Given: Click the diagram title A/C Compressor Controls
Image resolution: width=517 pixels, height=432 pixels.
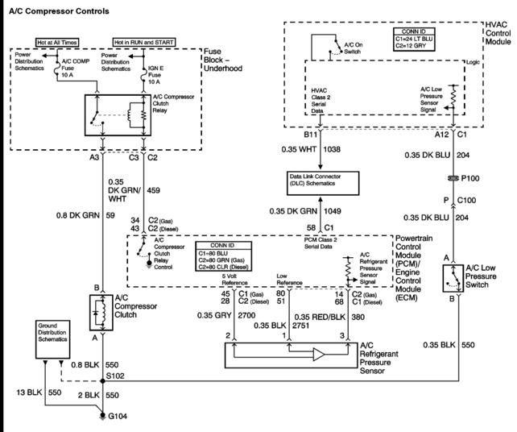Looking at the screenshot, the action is tap(59, 11).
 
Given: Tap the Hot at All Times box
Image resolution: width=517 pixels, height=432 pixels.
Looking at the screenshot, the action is tap(57, 42).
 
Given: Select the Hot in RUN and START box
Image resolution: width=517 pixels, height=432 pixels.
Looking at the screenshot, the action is tap(144, 42).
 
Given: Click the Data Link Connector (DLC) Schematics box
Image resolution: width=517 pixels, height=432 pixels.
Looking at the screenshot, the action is tap(323, 183).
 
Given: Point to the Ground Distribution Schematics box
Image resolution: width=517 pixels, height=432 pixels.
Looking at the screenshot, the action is tap(53, 339).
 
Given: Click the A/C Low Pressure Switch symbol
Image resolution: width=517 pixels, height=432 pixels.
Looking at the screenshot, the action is tap(453, 278).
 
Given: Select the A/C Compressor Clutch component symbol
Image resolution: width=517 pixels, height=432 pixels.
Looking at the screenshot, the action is tap(101, 313).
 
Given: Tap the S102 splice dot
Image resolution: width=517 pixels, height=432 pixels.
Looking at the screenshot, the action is tap(102, 381).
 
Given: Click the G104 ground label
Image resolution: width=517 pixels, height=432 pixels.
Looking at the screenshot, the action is tap(118, 416).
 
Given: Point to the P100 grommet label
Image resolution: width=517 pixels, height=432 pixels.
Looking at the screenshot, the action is tap(470, 178).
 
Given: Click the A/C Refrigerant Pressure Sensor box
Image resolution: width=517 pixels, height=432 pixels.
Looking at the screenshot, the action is tap(291, 355).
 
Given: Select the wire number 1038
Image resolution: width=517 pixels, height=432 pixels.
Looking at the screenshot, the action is tap(332, 149).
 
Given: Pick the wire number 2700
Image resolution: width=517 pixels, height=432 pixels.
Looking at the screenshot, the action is tap(246, 315).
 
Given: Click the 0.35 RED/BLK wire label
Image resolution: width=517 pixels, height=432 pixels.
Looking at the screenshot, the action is tap(320, 318).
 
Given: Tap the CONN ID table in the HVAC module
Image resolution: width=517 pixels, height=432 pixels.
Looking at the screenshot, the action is tap(414, 39).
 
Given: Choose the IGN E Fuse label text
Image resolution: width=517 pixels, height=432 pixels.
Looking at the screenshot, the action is tap(155, 75).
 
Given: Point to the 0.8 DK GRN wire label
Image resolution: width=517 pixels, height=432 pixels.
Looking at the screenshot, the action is tap(78, 215).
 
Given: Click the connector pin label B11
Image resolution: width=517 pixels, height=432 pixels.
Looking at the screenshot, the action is tap(310, 135).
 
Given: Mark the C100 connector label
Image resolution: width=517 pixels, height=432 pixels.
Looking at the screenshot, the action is tap(466, 200).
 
